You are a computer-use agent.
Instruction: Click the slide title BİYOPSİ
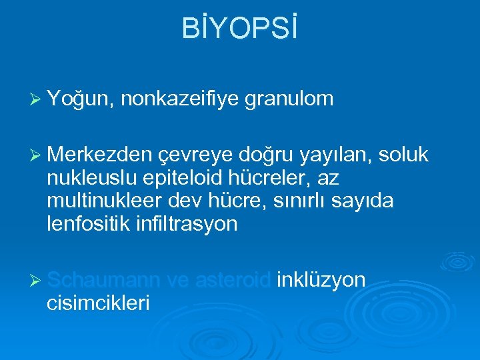(239, 30)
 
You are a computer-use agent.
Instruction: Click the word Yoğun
(83, 99)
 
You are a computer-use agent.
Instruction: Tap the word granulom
(289, 99)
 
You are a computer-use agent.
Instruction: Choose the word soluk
(403, 155)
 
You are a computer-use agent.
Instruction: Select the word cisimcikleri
(99, 303)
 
